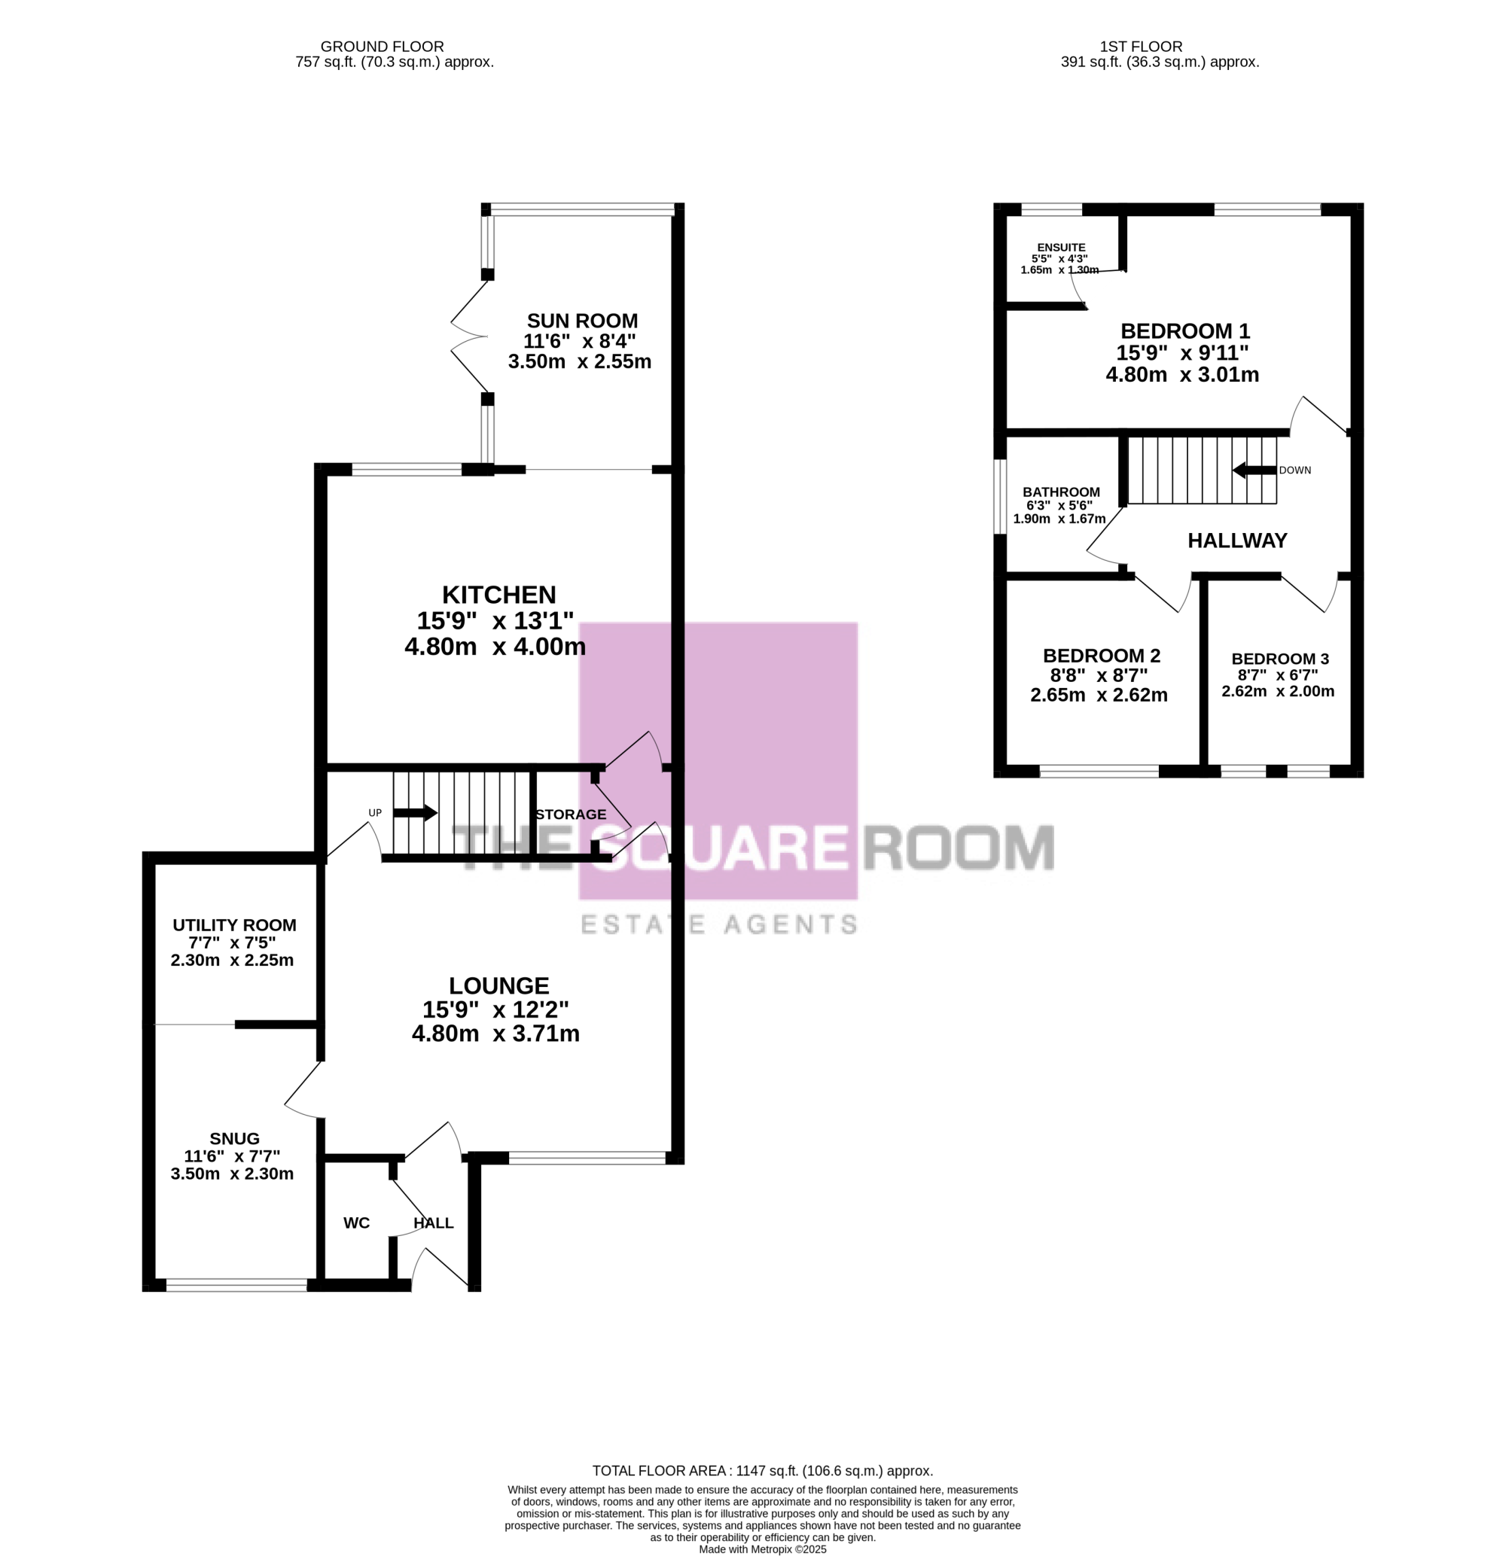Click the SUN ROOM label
[582, 321]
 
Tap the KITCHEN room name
[498, 595]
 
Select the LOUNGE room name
[498, 986]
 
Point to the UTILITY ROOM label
[234, 925]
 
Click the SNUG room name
[234, 1138]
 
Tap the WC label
[357, 1223]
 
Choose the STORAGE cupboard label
[570, 815]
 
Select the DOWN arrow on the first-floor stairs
[1254, 470]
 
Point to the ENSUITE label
[1061, 248]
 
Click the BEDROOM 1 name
[1185, 330]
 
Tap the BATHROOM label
[1061, 492]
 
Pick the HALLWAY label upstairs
[1236, 540]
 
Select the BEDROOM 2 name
[1101, 656]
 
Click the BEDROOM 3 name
[1279, 659]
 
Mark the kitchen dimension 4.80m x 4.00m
[495, 646]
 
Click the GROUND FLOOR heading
[382, 47]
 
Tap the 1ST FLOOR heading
[1142, 47]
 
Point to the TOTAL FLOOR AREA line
[763, 1471]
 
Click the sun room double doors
[468, 336]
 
